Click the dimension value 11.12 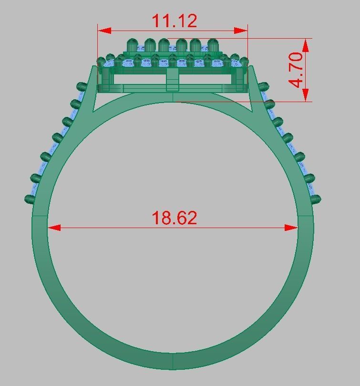pos(174,21)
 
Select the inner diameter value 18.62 pos(174,218)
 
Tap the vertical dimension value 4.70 pos(296,70)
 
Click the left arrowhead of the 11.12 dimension pos(104,31)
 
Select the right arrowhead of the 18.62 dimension pos(292,228)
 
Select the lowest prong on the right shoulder pos(316,199)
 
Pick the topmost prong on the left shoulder pos(82,86)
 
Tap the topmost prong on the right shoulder pos(263,86)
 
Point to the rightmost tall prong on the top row pos(213,45)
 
